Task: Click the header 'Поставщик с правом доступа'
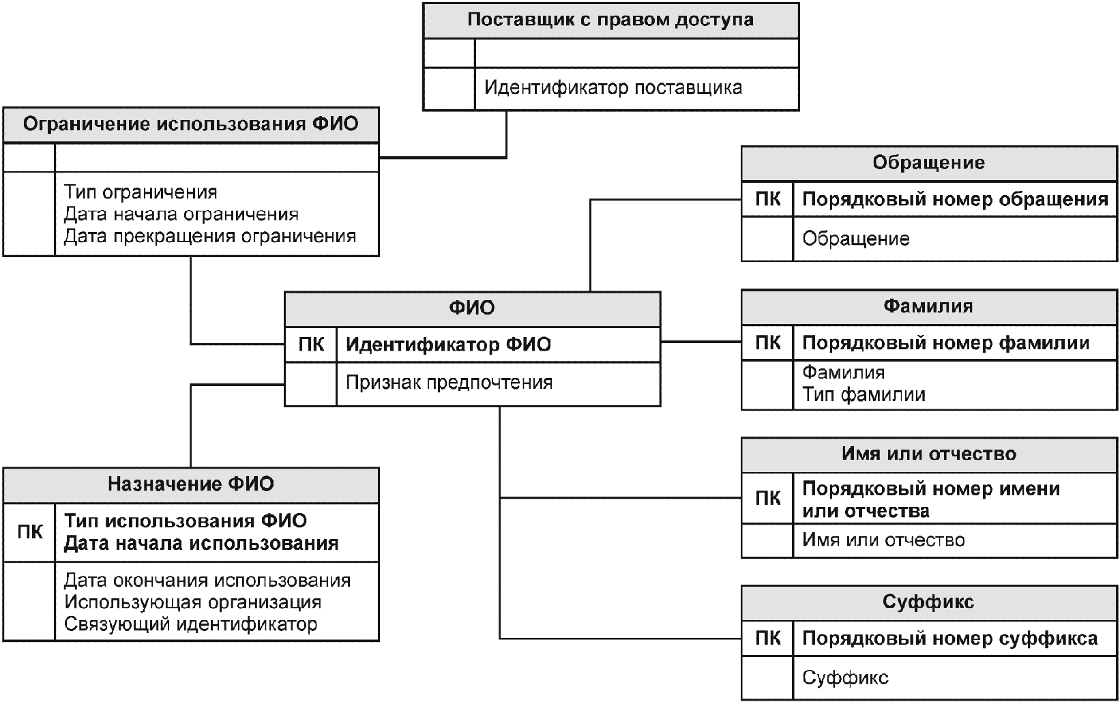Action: tap(610, 20)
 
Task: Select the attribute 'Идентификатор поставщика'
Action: tap(613, 88)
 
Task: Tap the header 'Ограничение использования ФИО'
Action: tap(190, 124)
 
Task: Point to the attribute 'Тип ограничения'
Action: tap(141, 192)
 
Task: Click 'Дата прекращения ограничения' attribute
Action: tap(210, 236)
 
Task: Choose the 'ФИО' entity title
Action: tap(472, 308)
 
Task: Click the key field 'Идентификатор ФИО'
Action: tap(448, 345)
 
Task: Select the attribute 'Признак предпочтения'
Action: tap(449, 383)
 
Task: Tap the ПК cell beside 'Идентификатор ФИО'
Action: tap(311, 345)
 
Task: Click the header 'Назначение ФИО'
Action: tap(190, 484)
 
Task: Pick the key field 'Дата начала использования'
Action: tap(201, 544)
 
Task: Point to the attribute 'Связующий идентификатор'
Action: tap(190, 624)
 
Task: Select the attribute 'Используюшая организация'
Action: tap(192, 602)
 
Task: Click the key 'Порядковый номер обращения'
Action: tap(955, 199)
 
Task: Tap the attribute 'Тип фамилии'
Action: tap(864, 395)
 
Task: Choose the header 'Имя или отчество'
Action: tap(929, 454)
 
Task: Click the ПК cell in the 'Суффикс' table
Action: tap(768, 639)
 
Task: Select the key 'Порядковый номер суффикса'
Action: tap(949, 639)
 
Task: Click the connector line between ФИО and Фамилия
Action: tap(701, 341)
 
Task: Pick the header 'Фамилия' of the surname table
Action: tap(928, 306)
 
